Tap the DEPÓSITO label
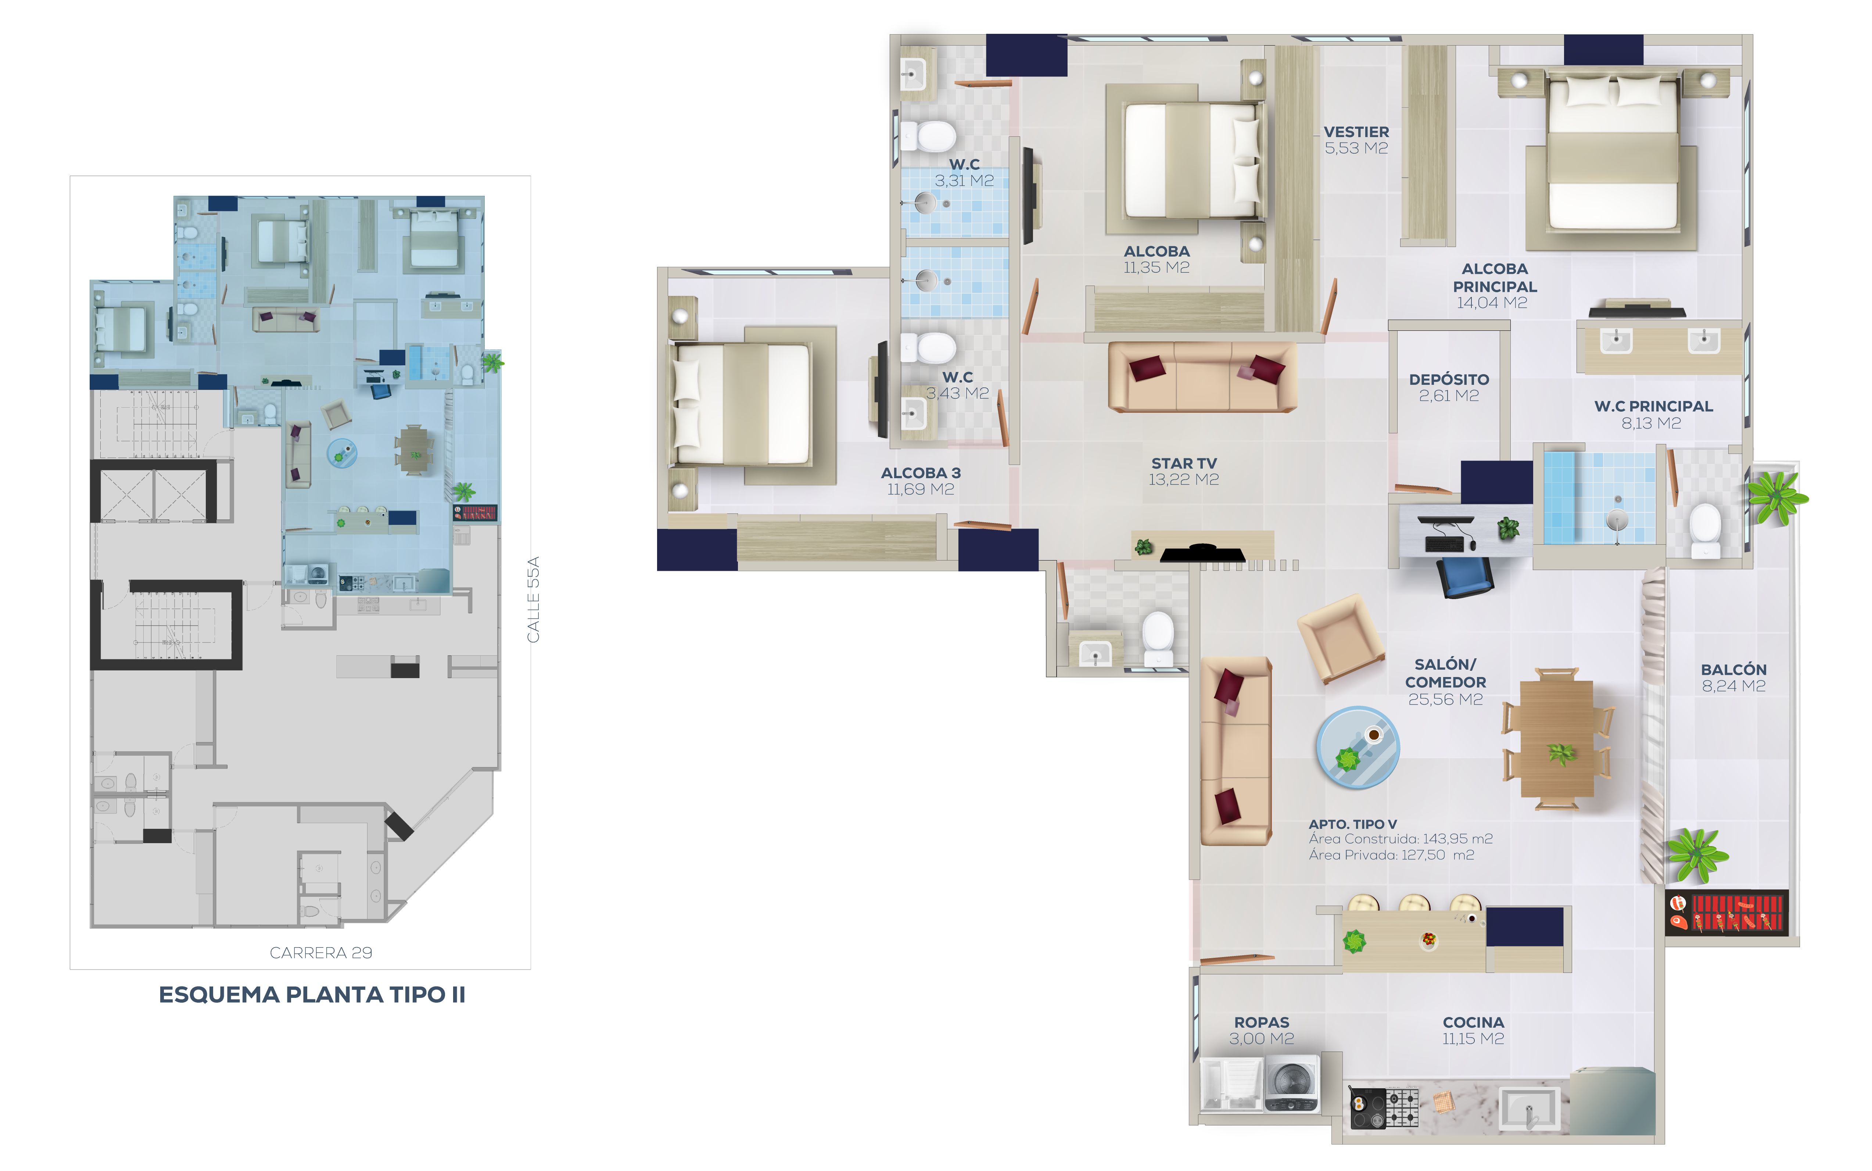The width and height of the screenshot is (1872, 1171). pos(1449,379)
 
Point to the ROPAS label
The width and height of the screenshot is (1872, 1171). pos(1261,1022)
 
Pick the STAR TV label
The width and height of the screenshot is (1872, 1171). pos(1184,463)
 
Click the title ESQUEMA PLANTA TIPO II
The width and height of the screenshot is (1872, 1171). pos(312,995)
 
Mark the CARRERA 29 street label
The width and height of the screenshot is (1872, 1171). pos(320,953)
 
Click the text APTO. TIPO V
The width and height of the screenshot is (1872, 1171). pos(1352,824)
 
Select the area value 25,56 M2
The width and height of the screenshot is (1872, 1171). pos(1445,699)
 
